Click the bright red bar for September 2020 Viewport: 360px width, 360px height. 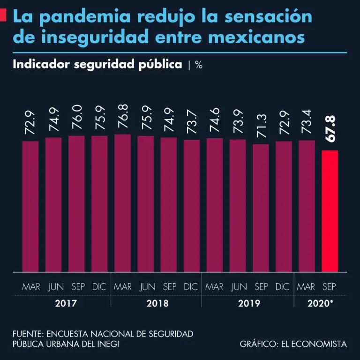(330, 211)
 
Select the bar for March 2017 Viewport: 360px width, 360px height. (30, 206)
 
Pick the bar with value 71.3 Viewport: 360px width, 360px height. (261, 208)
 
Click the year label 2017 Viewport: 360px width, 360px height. (65, 303)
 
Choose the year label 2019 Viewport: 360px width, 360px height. (249, 303)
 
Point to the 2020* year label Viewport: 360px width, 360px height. (320, 303)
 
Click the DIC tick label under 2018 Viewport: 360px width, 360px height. (191, 286)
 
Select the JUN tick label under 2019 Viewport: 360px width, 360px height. (239, 286)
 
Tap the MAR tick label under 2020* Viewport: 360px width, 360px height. (306, 286)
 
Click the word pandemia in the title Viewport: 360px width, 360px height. (92, 17)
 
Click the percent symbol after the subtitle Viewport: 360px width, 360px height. (199, 65)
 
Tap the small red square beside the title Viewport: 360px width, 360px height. (3, 15)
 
